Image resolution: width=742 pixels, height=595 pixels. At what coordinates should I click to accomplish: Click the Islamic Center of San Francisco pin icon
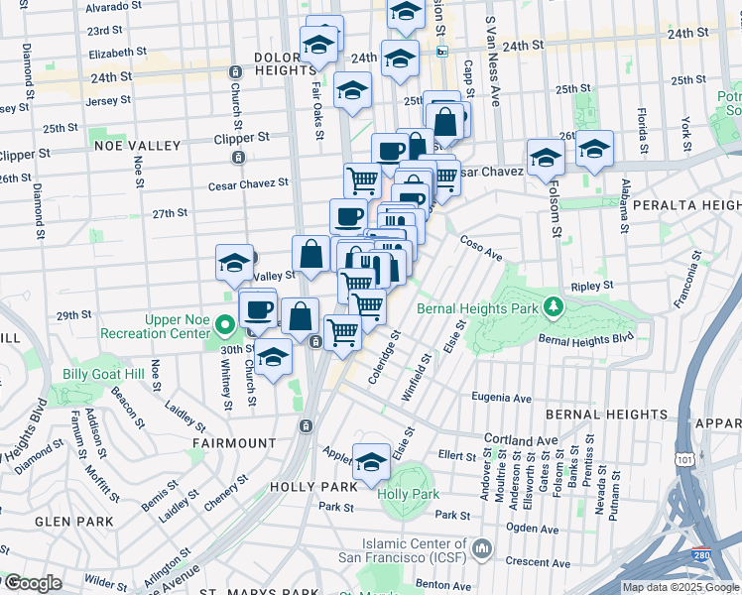(482, 548)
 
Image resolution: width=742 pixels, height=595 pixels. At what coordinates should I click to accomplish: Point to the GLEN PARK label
(66, 522)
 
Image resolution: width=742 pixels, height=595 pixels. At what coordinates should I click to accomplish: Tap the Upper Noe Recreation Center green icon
(225, 323)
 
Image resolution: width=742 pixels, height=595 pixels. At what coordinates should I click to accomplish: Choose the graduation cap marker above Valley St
(234, 264)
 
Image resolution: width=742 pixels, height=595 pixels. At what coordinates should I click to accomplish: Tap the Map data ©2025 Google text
(680, 587)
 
